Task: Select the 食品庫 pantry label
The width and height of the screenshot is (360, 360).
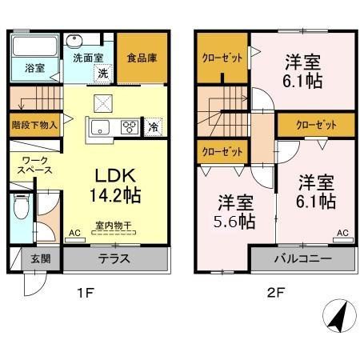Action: click(x=142, y=58)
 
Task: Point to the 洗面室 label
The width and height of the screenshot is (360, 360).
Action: click(x=88, y=58)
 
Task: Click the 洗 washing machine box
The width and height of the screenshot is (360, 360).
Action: click(x=102, y=74)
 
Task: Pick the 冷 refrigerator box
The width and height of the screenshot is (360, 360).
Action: click(x=153, y=126)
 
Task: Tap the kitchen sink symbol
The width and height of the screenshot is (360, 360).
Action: click(x=102, y=126)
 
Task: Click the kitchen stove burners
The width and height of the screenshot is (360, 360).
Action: click(x=128, y=126)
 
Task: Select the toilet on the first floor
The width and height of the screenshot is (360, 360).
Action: click(x=22, y=209)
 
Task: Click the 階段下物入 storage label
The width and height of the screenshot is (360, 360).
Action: click(x=35, y=126)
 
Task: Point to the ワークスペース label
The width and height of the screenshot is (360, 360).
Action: click(x=34, y=165)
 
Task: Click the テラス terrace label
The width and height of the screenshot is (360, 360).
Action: click(x=115, y=259)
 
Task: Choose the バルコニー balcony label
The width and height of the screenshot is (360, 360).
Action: click(x=302, y=259)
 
